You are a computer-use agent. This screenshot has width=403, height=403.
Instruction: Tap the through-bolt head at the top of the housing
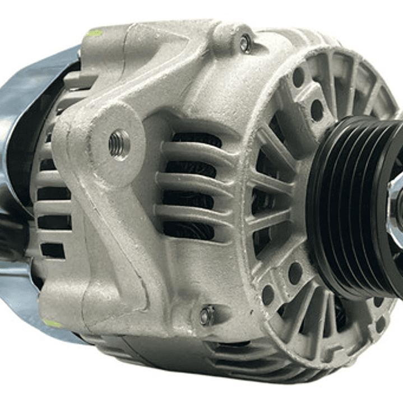[x=245, y=43]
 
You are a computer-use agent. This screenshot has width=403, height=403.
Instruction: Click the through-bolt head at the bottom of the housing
[x=207, y=316]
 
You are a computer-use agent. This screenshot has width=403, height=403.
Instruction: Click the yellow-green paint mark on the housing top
[x=93, y=33]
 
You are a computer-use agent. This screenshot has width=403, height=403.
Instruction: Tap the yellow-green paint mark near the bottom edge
[x=52, y=323]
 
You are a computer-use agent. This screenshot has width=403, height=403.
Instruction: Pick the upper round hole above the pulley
[x=299, y=77]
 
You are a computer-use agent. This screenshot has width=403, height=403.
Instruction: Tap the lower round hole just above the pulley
[x=317, y=110]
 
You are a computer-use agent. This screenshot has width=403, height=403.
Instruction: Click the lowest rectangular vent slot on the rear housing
[x=53, y=250]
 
